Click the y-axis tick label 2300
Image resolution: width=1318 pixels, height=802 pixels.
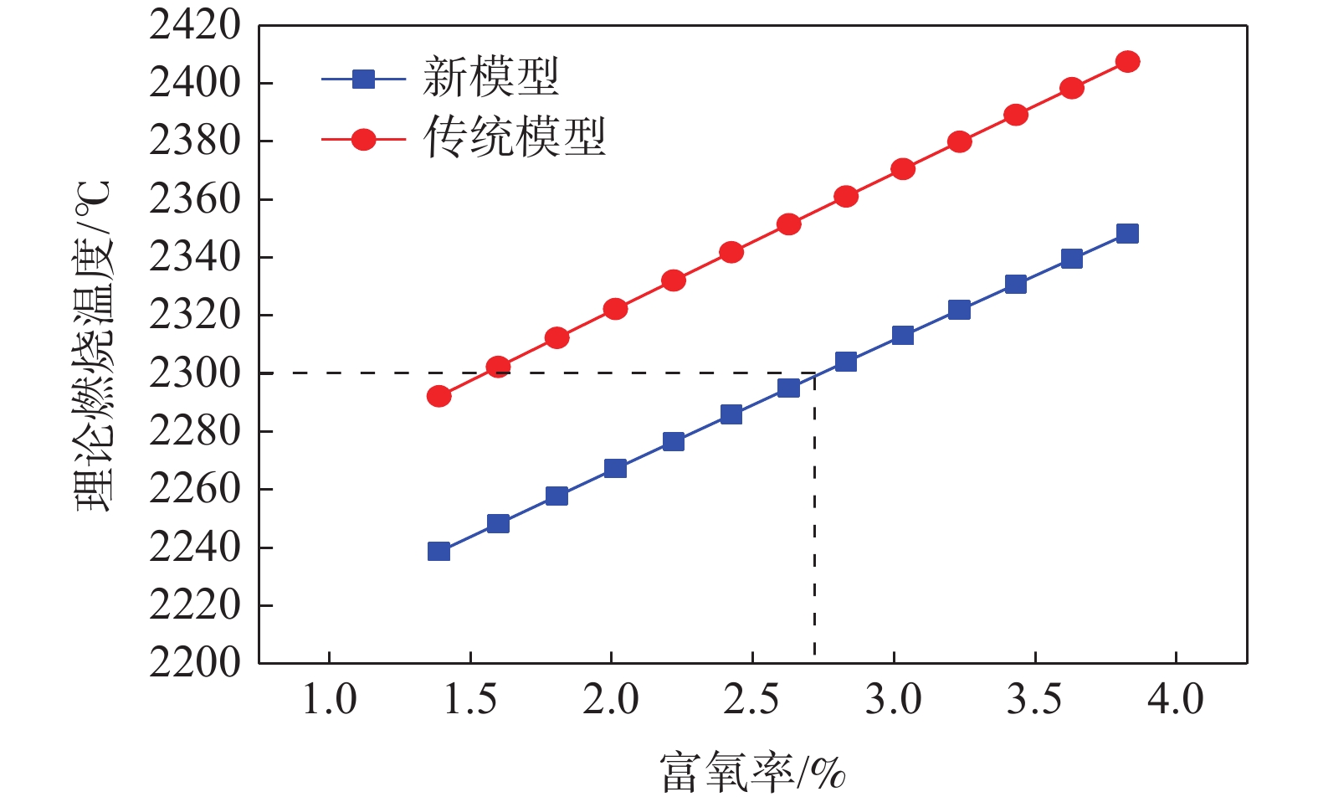click(194, 373)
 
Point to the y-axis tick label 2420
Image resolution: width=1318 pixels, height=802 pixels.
click(194, 26)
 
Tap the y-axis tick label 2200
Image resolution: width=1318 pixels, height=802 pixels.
click(194, 662)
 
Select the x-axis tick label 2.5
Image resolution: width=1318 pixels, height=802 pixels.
click(751, 700)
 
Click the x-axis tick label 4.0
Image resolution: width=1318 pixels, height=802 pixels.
click(1175, 700)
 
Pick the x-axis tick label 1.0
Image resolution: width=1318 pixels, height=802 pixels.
click(329, 700)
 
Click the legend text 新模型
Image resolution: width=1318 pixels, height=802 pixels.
click(490, 78)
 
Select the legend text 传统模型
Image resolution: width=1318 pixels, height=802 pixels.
click(514, 137)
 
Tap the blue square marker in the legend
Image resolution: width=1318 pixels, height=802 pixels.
click(363, 80)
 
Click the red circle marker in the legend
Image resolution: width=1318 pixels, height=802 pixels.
click(363, 139)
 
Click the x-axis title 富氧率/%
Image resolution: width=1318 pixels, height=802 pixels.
click(752, 772)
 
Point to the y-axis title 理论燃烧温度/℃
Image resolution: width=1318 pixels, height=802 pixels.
click(93, 345)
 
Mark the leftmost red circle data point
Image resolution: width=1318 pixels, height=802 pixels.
click(438, 396)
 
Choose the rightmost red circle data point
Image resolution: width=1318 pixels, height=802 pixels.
click(1127, 62)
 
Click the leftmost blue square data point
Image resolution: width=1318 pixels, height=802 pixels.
click(438, 551)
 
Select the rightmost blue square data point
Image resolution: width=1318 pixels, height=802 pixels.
click(1127, 234)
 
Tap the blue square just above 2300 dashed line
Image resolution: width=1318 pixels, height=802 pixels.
click(845, 362)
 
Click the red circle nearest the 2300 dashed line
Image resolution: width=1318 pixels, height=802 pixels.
click(498, 367)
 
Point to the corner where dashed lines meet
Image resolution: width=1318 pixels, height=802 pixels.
click(814, 373)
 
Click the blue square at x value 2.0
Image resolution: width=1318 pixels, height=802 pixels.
click(615, 468)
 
